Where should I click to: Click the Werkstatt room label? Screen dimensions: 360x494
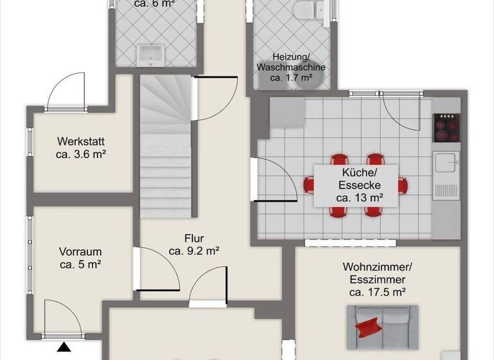(x=80, y=141)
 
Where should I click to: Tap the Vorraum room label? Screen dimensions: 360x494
(x=80, y=252)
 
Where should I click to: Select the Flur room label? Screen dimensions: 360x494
(x=194, y=237)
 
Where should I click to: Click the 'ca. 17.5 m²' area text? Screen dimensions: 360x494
(x=377, y=292)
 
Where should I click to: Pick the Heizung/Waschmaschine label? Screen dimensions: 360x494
(x=291, y=62)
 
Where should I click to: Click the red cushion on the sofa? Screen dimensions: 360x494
(x=368, y=326)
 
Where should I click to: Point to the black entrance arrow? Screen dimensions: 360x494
(x=64, y=348)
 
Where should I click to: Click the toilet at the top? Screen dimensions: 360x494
(x=304, y=10)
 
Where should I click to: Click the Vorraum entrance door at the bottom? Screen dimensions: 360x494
(x=63, y=318)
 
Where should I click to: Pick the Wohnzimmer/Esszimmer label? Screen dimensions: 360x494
(x=377, y=273)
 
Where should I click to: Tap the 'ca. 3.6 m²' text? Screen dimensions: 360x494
(x=80, y=154)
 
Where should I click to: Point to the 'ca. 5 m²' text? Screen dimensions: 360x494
(x=80, y=264)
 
